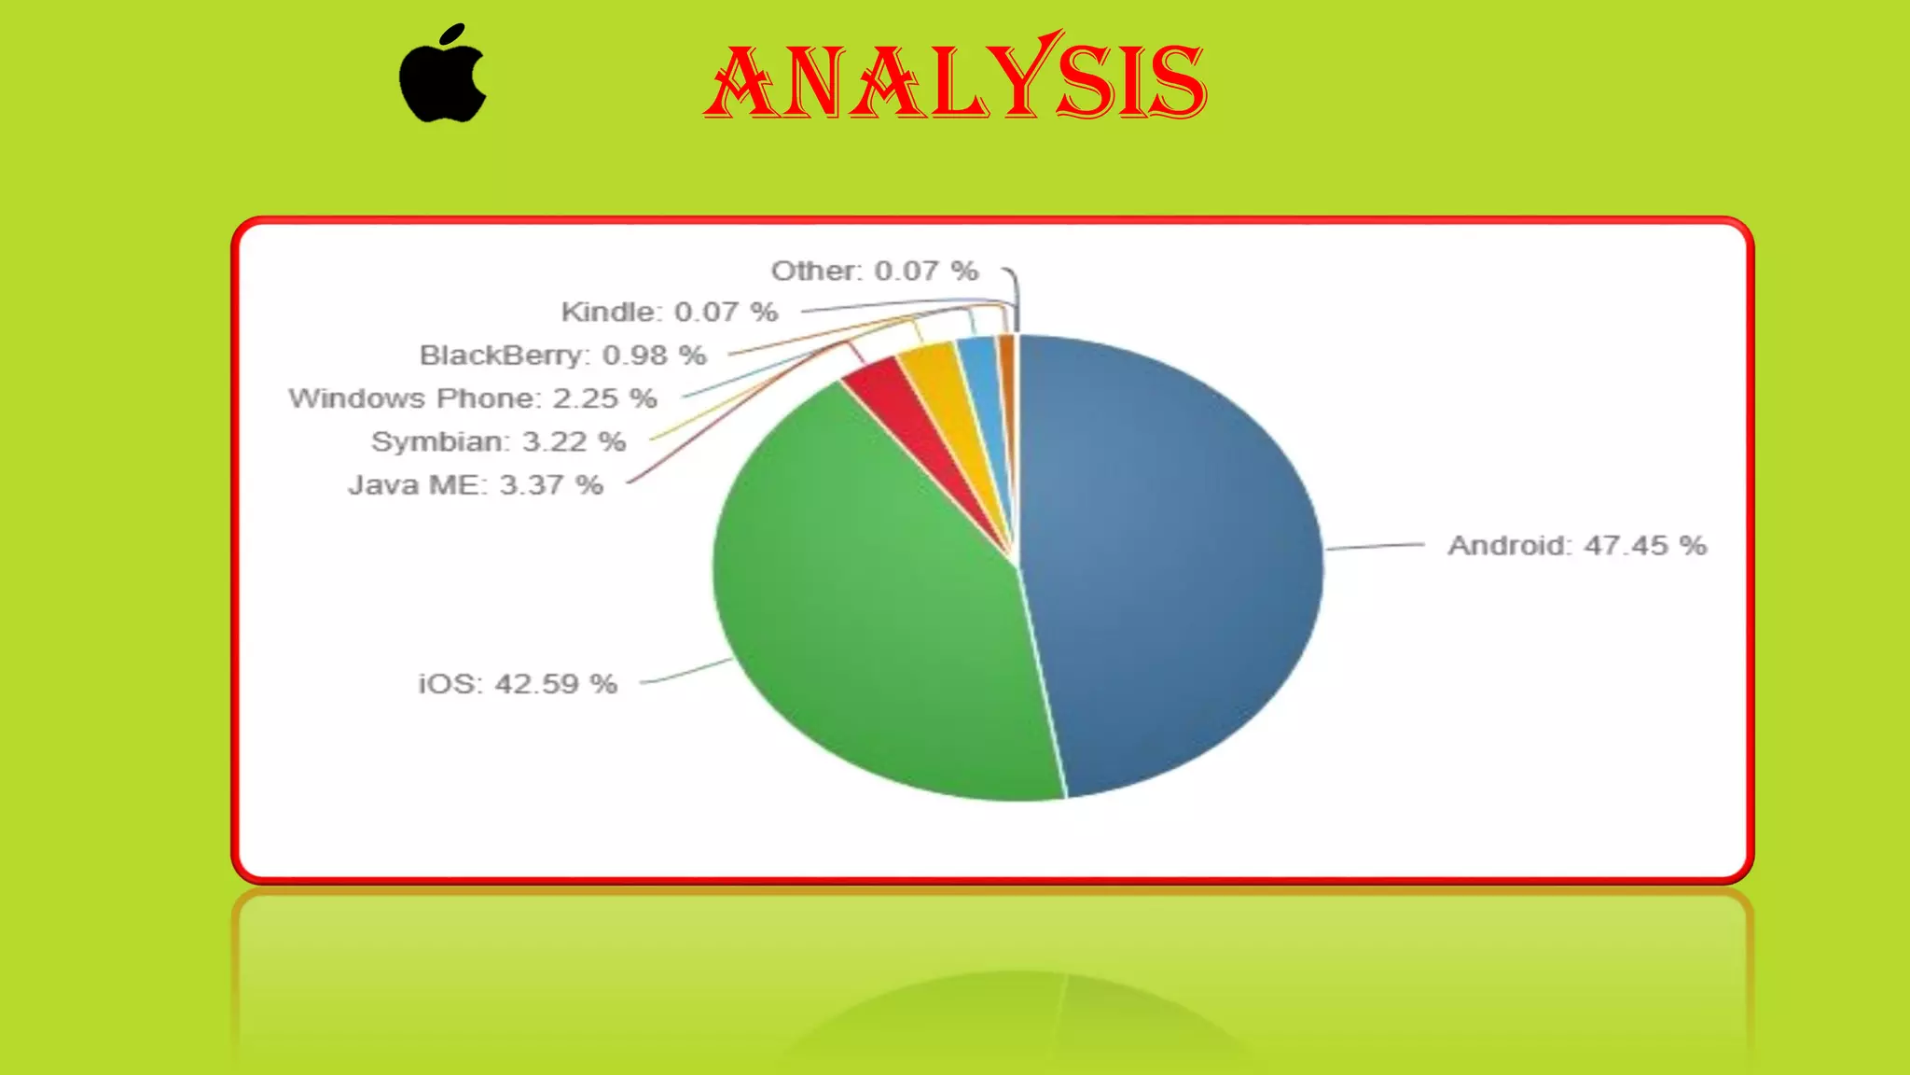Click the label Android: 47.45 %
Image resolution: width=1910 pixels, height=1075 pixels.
click(x=1576, y=546)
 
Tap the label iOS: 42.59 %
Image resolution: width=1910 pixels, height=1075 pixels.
click(x=518, y=684)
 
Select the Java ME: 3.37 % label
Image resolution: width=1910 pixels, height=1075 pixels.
click(x=476, y=485)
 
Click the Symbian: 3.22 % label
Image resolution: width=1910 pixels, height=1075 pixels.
click(x=498, y=441)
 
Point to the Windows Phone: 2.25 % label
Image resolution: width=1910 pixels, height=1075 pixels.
click(x=473, y=398)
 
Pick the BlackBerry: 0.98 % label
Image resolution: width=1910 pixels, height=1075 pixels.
click(x=562, y=356)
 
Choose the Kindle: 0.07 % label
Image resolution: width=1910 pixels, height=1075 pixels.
click(x=669, y=312)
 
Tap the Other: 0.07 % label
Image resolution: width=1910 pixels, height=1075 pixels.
click(x=874, y=271)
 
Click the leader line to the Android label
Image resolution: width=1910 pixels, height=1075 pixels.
click(x=1376, y=546)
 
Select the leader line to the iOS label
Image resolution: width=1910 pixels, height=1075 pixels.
click(x=685, y=673)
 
